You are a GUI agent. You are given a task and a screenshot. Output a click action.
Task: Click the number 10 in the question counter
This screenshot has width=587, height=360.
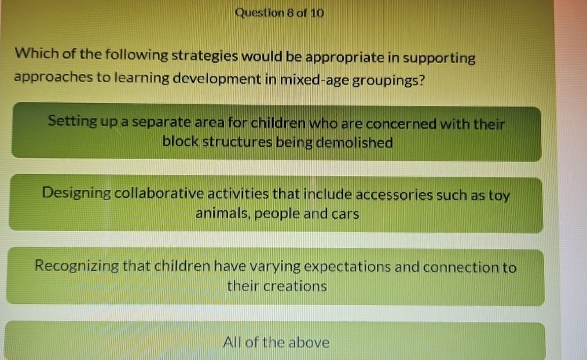click(x=316, y=13)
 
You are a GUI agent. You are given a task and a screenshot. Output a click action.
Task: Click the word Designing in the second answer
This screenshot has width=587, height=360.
click(x=76, y=193)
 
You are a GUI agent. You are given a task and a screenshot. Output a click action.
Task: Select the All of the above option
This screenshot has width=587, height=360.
click(x=276, y=342)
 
